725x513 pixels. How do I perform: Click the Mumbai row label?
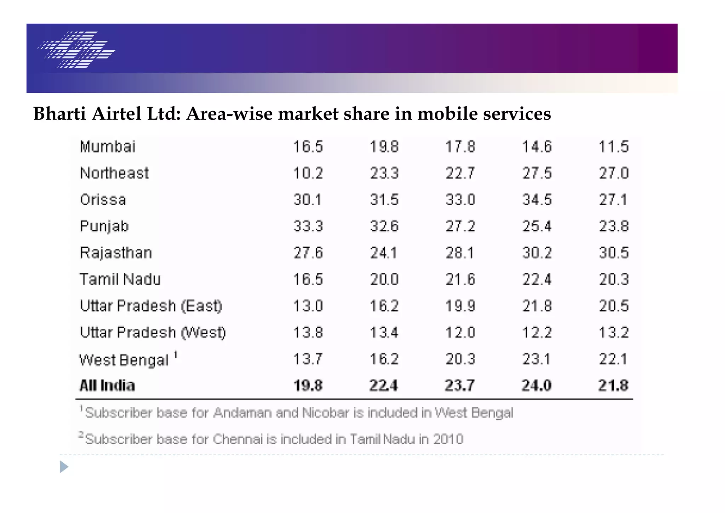(108, 147)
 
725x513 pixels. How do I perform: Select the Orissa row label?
(103, 200)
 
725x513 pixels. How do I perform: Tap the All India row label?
(107, 385)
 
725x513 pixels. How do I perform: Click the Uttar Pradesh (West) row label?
(153, 333)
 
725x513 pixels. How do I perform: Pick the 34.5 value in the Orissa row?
(537, 200)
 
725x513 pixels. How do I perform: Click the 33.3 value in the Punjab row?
(308, 226)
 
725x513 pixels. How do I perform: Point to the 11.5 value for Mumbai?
(613, 147)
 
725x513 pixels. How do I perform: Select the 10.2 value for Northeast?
(308, 173)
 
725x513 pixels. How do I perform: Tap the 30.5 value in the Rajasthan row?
(613, 253)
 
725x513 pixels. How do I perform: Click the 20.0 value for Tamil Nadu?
(384, 280)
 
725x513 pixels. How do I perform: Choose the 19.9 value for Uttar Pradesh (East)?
(460, 306)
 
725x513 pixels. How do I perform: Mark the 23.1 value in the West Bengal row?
(537, 359)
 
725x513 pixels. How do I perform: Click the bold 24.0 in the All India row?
(537, 385)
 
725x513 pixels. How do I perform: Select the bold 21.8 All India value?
(613, 385)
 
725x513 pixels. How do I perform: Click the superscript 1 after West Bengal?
(176, 355)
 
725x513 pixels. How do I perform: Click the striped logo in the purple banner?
(76, 50)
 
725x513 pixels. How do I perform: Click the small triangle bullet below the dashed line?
(64, 467)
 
